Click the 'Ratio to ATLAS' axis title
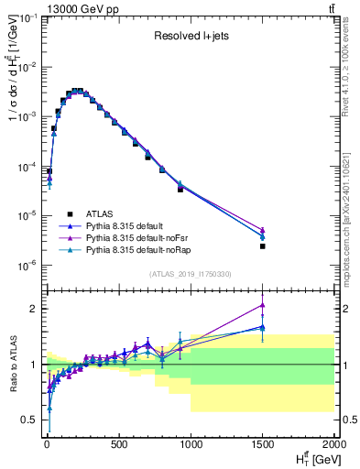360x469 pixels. pos(14,364)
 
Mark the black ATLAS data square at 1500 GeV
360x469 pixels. pos(263,245)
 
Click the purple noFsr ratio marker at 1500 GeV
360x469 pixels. pos(263,305)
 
